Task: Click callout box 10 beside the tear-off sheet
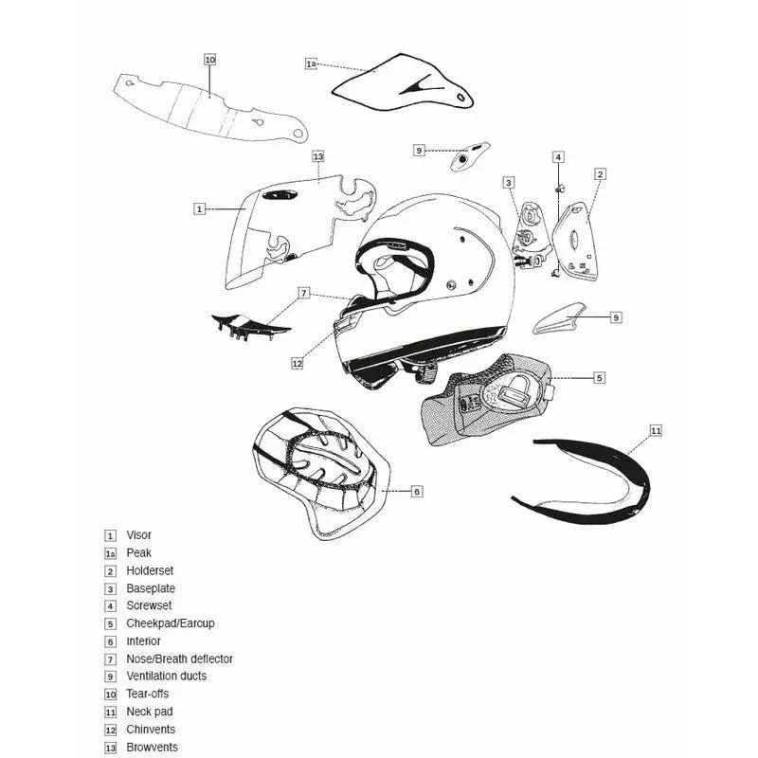point(210,59)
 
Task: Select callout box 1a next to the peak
point(311,63)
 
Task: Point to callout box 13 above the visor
point(318,156)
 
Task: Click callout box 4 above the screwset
point(559,156)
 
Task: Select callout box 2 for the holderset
point(601,174)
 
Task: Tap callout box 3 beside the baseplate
point(509,182)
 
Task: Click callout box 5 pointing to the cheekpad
point(600,377)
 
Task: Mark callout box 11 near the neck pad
point(656,430)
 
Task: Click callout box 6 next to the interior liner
point(417,491)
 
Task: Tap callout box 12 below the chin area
point(297,363)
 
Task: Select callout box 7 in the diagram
point(303,293)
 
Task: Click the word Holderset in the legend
point(150,570)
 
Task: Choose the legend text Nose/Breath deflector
point(179,659)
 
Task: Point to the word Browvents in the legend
point(152,747)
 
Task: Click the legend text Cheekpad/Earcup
point(171,623)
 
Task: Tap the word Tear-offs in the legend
point(148,694)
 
